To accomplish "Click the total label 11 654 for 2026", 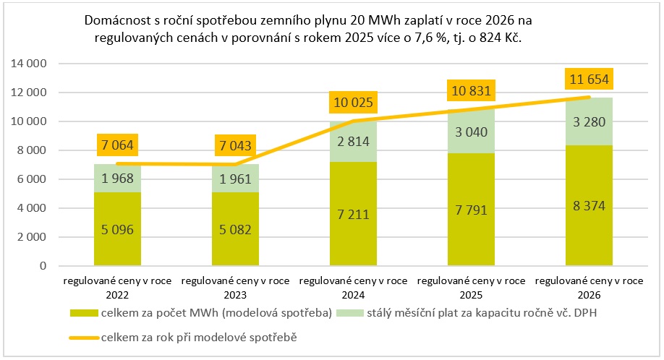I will pyautogui.click(x=589, y=80).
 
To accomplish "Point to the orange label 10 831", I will pyautogui.click(x=471, y=91).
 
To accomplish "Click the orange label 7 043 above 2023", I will pyautogui.click(x=234, y=147).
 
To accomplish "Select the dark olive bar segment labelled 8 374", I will pyautogui.click(x=589, y=206).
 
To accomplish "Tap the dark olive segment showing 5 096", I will pyautogui.click(x=116, y=229).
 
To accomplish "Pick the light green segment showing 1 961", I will pyautogui.click(x=234, y=179).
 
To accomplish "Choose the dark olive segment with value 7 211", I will pyautogui.click(x=352, y=215).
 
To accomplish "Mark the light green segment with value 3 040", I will pyautogui.click(x=471, y=132).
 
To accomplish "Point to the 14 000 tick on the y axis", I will pyautogui.click(x=30, y=64).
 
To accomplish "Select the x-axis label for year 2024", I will pyautogui.click(x=352, y=288).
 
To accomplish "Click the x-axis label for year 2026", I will pyautogui.click(x=589, y=288).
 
